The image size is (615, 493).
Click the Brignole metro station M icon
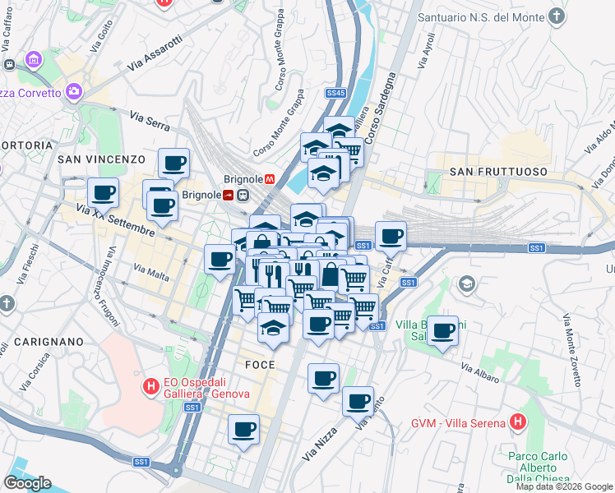[x=270, y=178]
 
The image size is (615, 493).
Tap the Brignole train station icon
[x=243, y=195]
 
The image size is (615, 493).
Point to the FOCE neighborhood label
[x=259, y=364]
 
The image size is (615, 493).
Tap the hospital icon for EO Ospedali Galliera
[x=150, y=385]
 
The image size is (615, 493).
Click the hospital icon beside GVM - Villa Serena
[x=517, y=423]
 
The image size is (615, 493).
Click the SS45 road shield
[x=335, y=93]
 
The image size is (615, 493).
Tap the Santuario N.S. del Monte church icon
[x=557, y=16]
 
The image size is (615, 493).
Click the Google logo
[x=26, y=482]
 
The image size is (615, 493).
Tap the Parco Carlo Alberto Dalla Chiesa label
[x=533, y=468]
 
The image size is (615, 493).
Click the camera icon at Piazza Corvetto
[x=75, y=92]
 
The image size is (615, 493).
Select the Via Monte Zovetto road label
[x=573, y=350]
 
